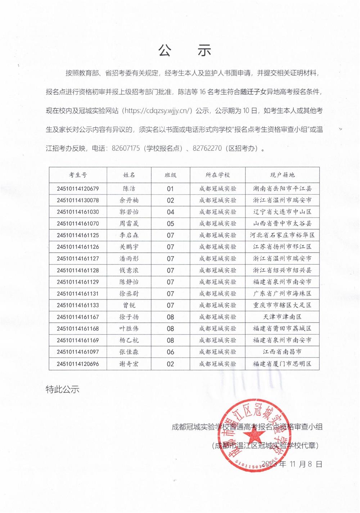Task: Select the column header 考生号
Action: [78, 175]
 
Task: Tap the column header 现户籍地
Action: [282, 175]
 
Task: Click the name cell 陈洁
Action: [129, 188]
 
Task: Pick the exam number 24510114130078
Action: [78, 200]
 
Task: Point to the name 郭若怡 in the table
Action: [129, 212]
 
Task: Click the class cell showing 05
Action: [170, 224]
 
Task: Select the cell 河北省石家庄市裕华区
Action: [282, 235]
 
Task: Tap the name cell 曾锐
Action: [129, 305]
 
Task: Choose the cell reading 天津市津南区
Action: [282, 317]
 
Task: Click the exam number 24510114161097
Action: [78, 352]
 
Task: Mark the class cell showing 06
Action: [170, 352]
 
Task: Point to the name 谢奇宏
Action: [129, 364]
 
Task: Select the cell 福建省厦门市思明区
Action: [282, 364]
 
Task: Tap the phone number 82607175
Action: [125, 148]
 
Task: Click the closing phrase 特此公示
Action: [62, 389]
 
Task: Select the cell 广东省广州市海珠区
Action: [282, 293]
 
